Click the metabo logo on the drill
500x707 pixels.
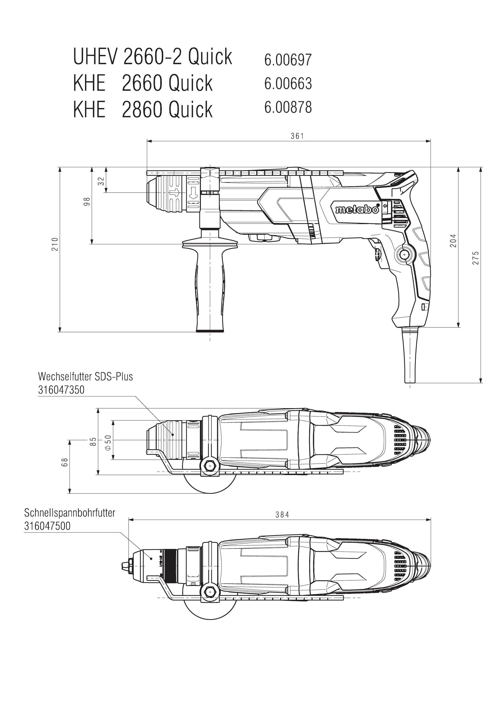(357, 209)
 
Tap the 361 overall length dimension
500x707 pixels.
(297, 136)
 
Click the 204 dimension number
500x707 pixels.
(453, 241)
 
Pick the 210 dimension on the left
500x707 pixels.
(55, 244)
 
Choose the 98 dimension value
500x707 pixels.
(87, 202)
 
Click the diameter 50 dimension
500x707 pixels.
(108, 443)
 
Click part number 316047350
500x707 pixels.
(61, 390)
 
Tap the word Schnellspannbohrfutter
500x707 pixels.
(70, 513)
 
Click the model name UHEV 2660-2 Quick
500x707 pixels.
(153, 56)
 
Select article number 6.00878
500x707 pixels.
(288, 107)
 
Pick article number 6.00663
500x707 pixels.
(288, 83)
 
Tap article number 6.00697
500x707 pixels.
(288, 59)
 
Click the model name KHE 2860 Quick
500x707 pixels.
(143, 109)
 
